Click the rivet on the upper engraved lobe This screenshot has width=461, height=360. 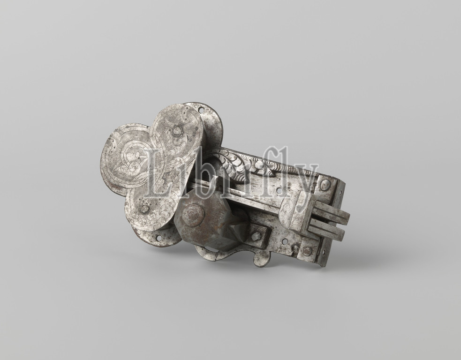(176, 131)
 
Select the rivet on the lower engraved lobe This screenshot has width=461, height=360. (144, 209)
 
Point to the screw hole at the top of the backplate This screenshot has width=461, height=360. (201, 110)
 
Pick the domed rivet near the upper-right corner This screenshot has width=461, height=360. (325, 185)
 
